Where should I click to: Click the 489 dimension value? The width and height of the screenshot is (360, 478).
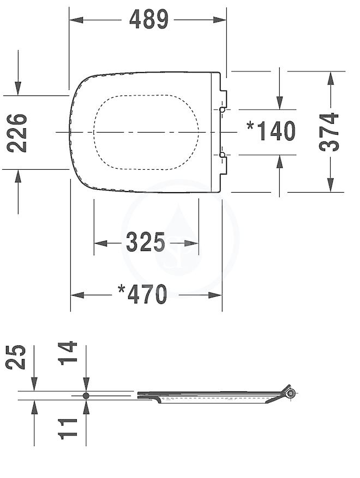[x=149, y=20]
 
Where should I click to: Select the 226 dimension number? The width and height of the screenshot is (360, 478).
[x=17, y=133]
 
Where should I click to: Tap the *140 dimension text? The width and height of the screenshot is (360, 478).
[x=271, y=131]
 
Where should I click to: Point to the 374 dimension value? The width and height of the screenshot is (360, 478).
[x=328, y=132]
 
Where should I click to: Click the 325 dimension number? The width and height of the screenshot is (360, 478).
[x=146, y=242]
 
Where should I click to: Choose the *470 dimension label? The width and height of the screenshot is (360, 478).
[x=142, y=294]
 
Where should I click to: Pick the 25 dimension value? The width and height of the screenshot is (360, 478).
[x=16, y=357]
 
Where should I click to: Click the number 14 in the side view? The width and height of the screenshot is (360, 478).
[x=68, y=354]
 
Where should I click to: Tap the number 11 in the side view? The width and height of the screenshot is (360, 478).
[x=68, y=429]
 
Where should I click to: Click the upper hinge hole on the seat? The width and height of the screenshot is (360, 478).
[x=222, y=109]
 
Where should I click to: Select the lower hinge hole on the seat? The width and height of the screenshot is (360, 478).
[x=222, y=155]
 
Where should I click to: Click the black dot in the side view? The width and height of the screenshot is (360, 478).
[x=86, y=396]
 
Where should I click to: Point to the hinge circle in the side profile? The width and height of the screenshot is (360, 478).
[x=291, y=393]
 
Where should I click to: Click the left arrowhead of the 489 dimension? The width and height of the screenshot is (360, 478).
[x=76, y=20]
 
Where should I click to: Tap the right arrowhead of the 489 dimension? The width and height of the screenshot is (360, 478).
[x=219, y=20]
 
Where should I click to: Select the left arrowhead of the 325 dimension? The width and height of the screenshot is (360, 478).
[x=101, y=243]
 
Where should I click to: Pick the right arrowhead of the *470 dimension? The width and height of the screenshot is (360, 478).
[x=215, y=295]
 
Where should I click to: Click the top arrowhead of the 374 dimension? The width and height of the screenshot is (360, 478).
[x=331, y=79]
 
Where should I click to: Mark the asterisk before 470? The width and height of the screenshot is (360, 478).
[x=122, y=289]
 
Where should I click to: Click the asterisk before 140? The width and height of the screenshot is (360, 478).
[x=250, y=126]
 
